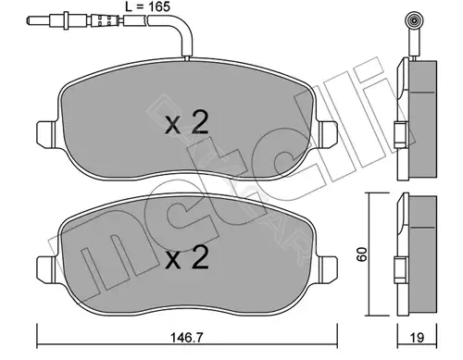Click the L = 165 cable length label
[x=147, y=6]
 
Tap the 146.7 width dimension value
[x=187, y=338]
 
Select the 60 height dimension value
[x=361, y=254]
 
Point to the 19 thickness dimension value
[x=417, y=338]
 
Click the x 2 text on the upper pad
[x=187, y=123]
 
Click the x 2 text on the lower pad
[x=187, y=257]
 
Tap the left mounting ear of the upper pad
[x=46, y=134]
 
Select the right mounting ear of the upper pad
[x=328, y=134]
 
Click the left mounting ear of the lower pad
[x=46, y=269]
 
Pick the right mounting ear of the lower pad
[x=328, y=269]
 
